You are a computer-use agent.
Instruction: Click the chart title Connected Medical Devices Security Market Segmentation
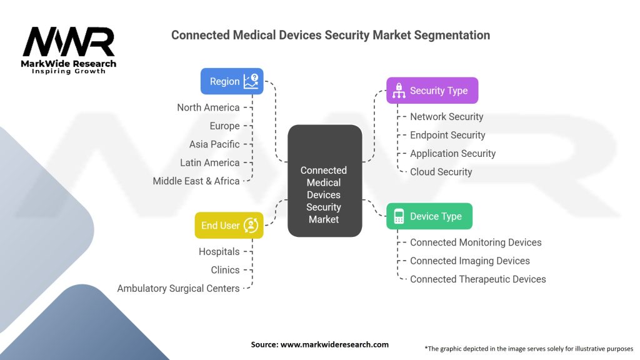click(x=331, y=35)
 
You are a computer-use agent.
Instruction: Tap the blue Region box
click(x=232, y=81)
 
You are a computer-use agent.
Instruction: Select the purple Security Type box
click(x=432, y=91)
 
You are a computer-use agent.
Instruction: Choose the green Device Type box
click(x=429, y=216)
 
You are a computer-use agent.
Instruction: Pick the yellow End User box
click(x=229, y=226)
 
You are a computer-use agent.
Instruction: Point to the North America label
click(x=208, y=107)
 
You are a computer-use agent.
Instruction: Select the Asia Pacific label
click(x=214, y=144)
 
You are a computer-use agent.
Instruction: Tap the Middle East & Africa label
click(x=196, y=181)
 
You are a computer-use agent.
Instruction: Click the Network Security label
click(x=446, y=117)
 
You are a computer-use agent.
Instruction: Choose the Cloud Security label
click(x=441, y=172)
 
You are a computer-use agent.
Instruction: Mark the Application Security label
click(x=452, y=154)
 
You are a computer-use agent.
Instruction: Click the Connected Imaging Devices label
click(x=469, y=261)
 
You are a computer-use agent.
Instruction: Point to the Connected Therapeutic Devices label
click(x=477, y=279)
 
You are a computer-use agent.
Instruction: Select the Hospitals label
click(x=219, y=252)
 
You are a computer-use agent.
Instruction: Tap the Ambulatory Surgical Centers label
click(x=178, y=289)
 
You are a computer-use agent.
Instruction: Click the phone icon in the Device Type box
click(x=399, y=216)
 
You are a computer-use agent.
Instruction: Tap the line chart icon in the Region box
click(x=251, y=81)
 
